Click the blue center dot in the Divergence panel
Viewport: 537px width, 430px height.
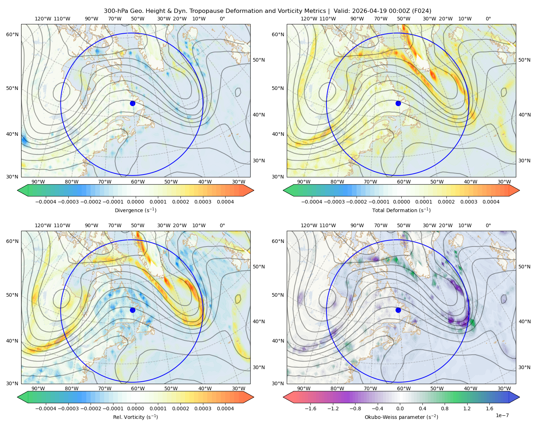pyautogui.click(x=132, y=103)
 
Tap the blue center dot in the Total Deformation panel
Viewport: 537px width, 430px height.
pyautogui.click(x=398, y=103)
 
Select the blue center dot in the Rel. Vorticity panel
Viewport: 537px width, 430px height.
pyautogui.click(x=132, y=310)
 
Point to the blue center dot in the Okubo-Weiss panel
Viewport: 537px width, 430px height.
pyautogui.click(x=398, y=310)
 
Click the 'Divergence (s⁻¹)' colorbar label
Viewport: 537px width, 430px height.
pyautogui.click(x=135, y=210)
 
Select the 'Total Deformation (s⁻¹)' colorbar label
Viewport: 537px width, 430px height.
pyautogui.click(x=401, y=210)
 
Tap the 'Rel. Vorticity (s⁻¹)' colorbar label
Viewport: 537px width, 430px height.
pyautogui.click(x=135, y=417)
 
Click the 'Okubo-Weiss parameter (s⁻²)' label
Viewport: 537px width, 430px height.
pyautogui.click(x=401, y=417)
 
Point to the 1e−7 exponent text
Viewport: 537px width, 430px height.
pyautogui.click(x=502, y=415)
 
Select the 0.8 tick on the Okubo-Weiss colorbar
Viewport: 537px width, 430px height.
pyautogui.click(x=445, y=408)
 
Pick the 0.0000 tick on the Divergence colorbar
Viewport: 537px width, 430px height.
pyautogui.click(x=135, y=202)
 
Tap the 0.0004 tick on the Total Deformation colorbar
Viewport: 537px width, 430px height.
pyautogui.click(x=491, y=202)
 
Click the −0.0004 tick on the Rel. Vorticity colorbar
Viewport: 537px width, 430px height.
pyautogui.click(x=46, y=408)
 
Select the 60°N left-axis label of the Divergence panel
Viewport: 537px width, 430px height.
pyautogui.click(x=12, y=34)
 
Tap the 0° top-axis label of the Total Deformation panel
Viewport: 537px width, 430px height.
pyautogui.click(x=488, y=19)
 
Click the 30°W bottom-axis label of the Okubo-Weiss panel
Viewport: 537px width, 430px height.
pyautogui.click(x=504, y=388)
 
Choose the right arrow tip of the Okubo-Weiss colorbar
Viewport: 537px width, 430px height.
pyautogui.click(x=519, y=397)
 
